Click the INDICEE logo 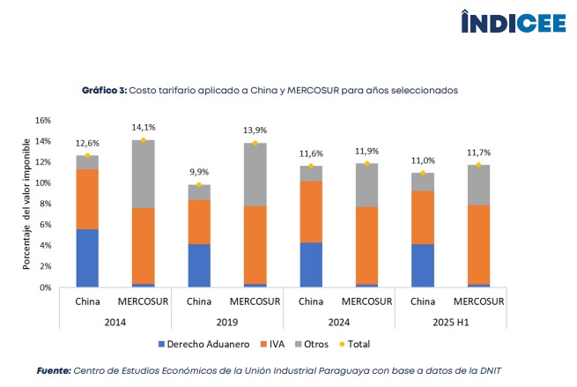point(514,22)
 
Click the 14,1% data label point(143,127)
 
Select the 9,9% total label point(199,173)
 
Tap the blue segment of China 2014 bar point(87,257)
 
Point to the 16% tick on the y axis point(43,120)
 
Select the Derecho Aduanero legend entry point(198,342)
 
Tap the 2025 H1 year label point(450,322)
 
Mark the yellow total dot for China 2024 point(310,166)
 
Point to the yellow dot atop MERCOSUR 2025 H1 point(478,165)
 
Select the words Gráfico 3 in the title point(105,90)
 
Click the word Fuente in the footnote point(53,370)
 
